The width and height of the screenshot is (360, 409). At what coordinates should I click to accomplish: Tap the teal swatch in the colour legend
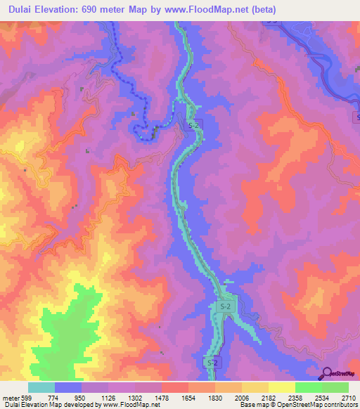coord(41,387)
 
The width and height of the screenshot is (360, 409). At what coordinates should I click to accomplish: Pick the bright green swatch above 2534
coord(309,387)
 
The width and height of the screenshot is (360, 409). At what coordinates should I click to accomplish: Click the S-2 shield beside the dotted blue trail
coord(193,124)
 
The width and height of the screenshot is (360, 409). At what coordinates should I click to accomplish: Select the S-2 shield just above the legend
coord(212,362)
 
